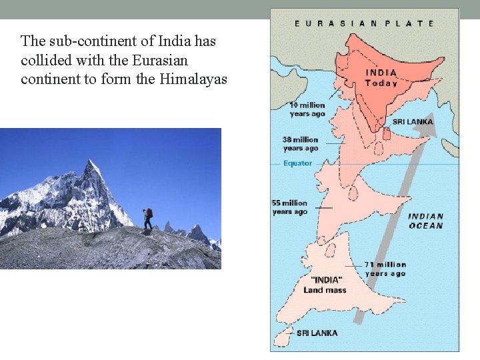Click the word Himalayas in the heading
point(193,80)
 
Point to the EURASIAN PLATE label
point(365,23)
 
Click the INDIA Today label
point(381,78)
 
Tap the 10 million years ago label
point(307,109)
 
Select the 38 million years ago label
point(301,144)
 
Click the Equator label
point(297,163)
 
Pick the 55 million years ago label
point(290,207)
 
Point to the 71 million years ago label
point(385,269)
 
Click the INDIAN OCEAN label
point(426,221)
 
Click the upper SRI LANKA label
point(412,122)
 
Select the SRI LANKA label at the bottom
point(317,333)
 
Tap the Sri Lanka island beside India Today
point(387,133)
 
